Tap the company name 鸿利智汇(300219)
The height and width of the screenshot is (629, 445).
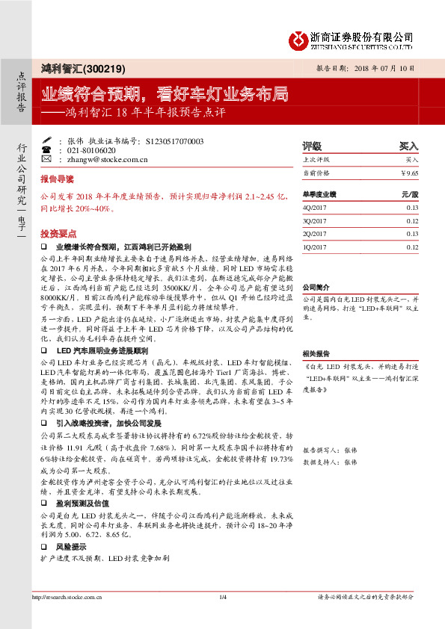(74, 67)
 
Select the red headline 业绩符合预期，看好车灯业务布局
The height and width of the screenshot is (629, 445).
(164, 95)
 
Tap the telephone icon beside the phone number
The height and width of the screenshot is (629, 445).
(61, 149)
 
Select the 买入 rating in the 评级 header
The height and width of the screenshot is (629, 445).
(408, 146)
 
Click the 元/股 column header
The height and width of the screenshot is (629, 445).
(410, 193)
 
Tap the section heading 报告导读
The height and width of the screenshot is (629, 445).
(58, 180)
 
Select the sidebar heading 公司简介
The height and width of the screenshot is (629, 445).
(316, 287)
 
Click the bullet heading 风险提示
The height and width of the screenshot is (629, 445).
(73, 547)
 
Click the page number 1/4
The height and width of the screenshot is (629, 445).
(222, 597)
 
